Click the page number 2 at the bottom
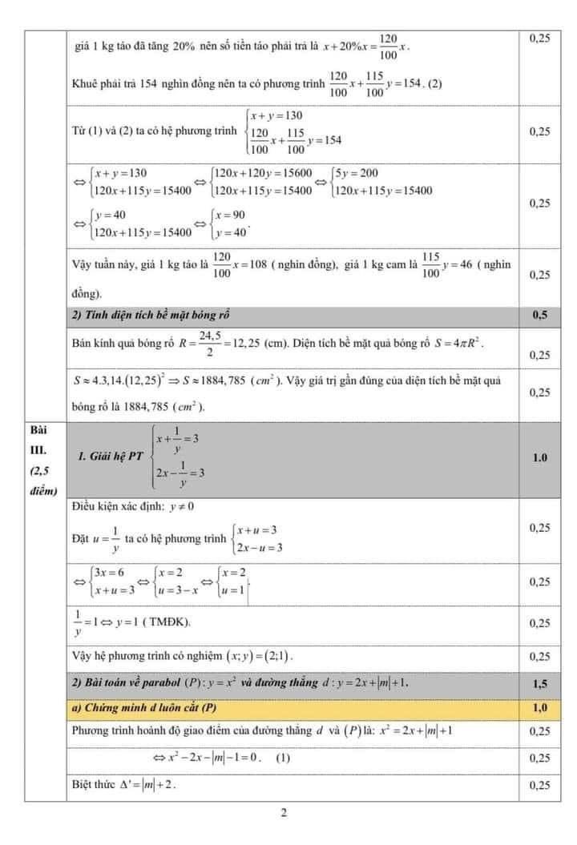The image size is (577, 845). tap(284, 815)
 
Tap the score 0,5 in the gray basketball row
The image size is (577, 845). tap(539, 315)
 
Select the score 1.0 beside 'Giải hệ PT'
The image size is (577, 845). tap(539, 457)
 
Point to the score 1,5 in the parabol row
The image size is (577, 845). tap(539, 684)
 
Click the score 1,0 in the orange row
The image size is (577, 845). tap(539, 707)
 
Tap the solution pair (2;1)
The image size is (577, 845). tap(277, 657)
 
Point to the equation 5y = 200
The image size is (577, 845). tap(361, 173)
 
